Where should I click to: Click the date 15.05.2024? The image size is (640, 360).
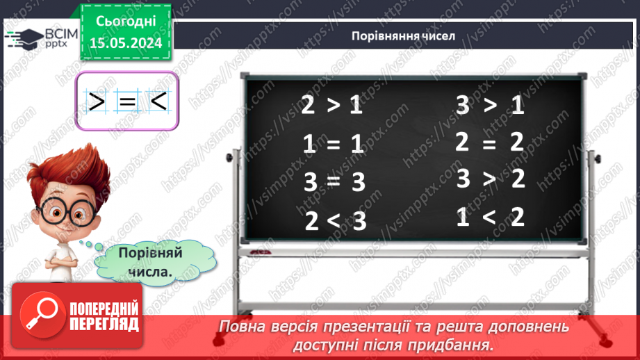tap(125, 42)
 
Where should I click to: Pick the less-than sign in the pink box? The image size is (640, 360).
tap(158, 102)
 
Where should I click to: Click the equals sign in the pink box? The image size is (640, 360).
tap(126, 102)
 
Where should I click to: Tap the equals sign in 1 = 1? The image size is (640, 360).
tap(334, 144)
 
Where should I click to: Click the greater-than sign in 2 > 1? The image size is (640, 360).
tap(334, 106)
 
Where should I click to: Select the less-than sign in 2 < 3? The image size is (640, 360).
tap(334, 220)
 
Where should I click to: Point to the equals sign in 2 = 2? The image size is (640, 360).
tap(489, 142)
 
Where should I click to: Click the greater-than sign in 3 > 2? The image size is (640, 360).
tap(489, 179)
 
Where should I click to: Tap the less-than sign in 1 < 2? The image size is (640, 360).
tap(489, 218)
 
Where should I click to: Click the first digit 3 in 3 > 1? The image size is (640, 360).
tap(463, 106)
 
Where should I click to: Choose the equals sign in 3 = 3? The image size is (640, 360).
tap(334, 182)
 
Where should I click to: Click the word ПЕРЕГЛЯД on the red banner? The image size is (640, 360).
tap(104, 325)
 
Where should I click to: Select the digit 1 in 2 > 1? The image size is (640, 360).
tap(356, 106)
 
